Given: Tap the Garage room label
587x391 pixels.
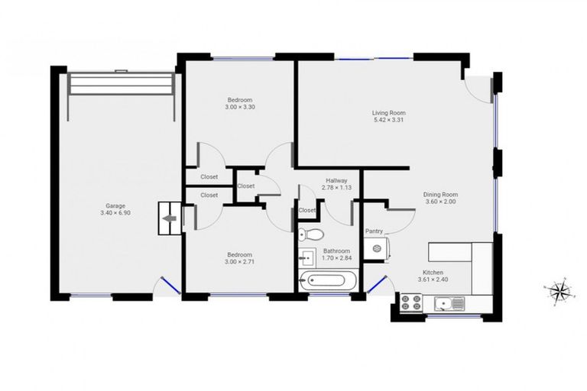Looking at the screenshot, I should pos(115,205).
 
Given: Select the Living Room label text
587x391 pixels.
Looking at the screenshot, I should pos(388,112).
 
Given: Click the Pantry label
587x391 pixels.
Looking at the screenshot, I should pos(374,230).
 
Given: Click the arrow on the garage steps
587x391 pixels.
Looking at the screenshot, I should pos(169,218).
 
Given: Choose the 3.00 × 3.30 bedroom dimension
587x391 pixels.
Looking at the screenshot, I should pos(238,108).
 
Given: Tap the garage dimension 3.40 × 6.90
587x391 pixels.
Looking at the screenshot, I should pos(115,213).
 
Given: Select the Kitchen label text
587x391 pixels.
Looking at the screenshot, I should pos(433,273).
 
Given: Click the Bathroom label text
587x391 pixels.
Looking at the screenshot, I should pos(336,250).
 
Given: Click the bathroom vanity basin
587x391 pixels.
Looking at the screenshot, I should pos(307,255).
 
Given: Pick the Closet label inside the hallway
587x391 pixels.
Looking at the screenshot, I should pos(307,210).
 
